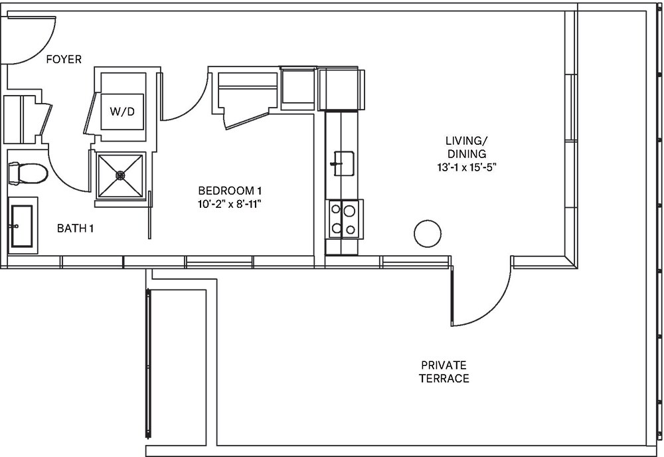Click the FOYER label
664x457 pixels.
pos(64,60)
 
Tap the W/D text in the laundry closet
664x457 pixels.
pos(122,112)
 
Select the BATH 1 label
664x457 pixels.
pos(75,228)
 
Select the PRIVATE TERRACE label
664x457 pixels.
pos(444,372)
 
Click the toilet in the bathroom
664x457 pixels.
pos(27,174)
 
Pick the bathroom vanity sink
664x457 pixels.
pos(21,226)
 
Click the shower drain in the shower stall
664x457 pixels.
pos(121,175)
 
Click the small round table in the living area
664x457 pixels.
pos(427,233)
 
